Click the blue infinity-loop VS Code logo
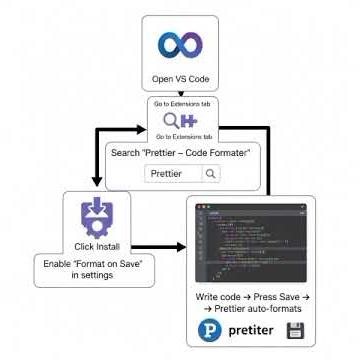point(180,46)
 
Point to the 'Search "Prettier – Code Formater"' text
point(180,153)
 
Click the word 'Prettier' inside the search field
point(166,173)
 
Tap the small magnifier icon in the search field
point(210,173)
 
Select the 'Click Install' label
point(97,246)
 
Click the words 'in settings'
point(94,277)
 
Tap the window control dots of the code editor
point(200,208)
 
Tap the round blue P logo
point(211,331)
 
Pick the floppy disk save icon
point(295,331)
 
